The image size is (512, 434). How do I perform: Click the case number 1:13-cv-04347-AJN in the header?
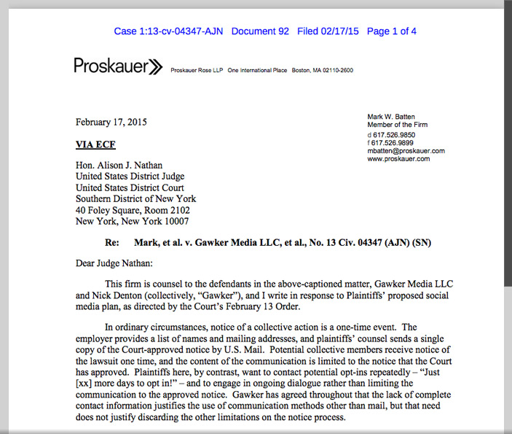tap(168, 31)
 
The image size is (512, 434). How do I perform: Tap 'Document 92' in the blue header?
tap(260, 31)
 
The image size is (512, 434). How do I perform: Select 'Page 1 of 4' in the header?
tap(392, 31)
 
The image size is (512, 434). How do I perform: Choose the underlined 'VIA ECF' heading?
tap(95, 144)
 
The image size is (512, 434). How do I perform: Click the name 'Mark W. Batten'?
tap(393, 117)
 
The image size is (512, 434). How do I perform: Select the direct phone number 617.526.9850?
tap(395, 135)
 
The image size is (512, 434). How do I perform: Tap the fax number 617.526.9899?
tap(394, 143)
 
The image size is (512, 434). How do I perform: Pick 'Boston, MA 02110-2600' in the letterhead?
tap(322, 71)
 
